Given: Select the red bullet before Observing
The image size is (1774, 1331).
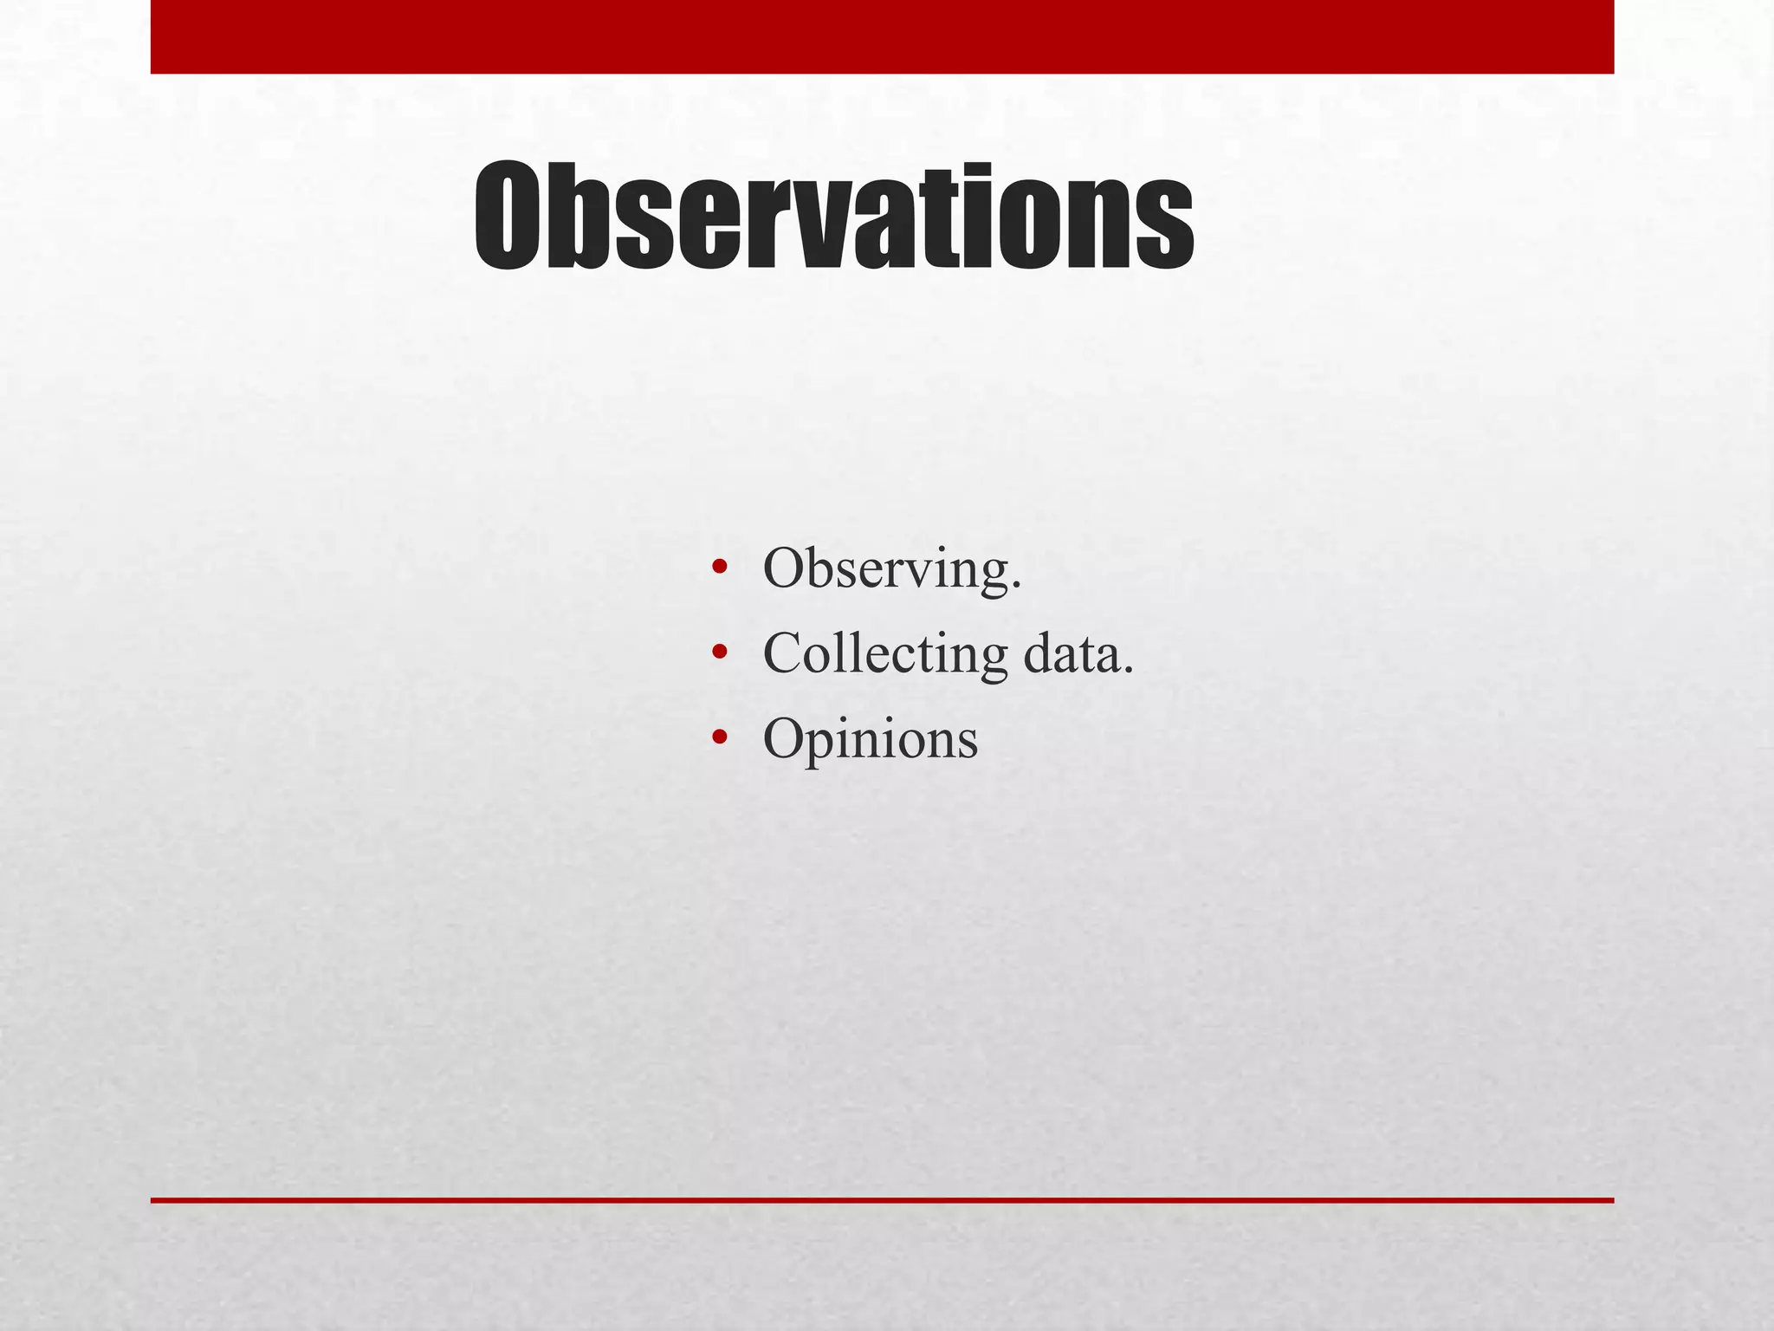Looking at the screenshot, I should tap(718, 569).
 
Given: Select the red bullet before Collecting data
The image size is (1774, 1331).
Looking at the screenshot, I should tap(718, 653).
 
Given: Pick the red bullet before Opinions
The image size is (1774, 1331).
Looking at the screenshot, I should tap(718, 738).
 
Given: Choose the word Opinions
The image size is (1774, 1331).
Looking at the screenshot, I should tap(870, 739).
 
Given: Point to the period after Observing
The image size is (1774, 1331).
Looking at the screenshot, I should tap(1016, 587).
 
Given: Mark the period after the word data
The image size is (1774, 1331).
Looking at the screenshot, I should tap(1127, 671).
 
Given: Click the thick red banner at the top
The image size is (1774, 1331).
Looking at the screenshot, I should tap(882, 36).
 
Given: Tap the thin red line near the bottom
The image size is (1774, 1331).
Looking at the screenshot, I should tap(882, 1200).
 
